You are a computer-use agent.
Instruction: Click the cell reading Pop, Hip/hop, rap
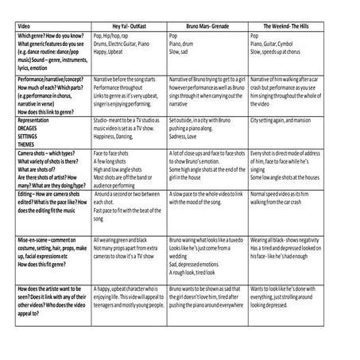pyautogui.click(x=113, y=37)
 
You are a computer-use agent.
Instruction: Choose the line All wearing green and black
pyautogui.click(x=128, y=237)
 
